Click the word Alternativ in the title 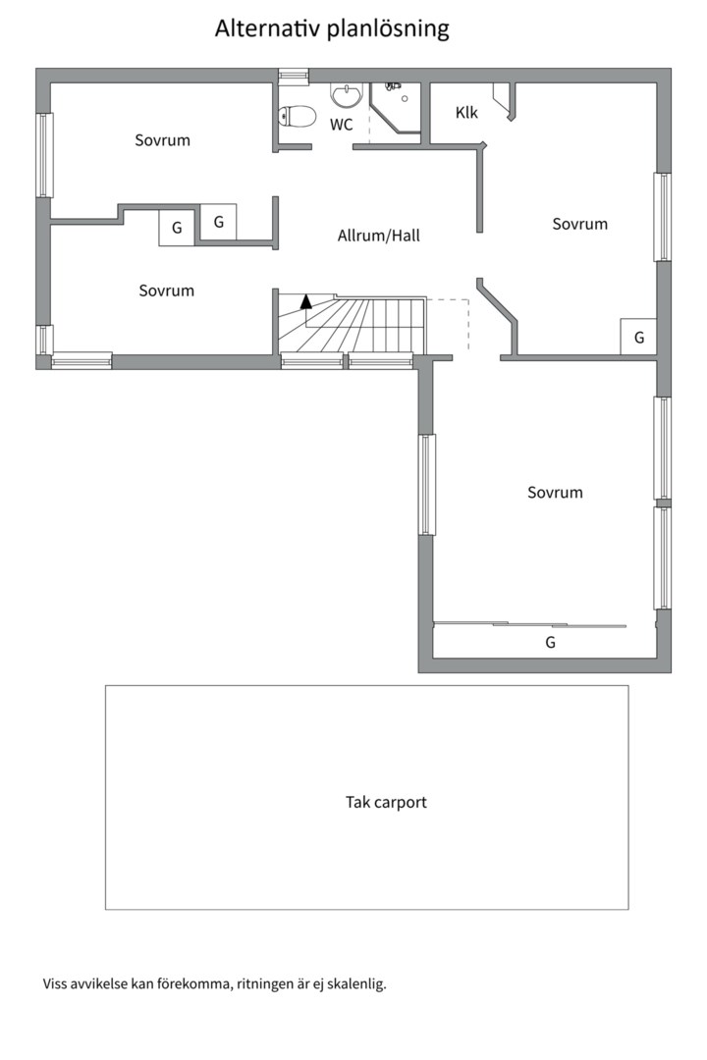click(x=260, y=29)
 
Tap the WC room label click(x=342, y=125)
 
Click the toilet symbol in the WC click(x=296, y=117)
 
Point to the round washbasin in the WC click(x=346, y=95)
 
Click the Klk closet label click(x=466, y=113)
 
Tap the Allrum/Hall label click(x=379, y=236)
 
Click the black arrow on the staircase click(x=306, y=301)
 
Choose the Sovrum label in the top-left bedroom click(x=162, y=140)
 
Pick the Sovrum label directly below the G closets click(x=166, y=291)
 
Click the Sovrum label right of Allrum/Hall click(x=579, y=224)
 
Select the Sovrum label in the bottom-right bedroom click(x=555, y=493)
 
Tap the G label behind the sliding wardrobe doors click(x=550, y=643)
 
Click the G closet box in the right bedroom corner click(x=639, y=337)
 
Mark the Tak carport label click(x=386, y=802)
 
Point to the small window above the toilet click(x=294, y=75)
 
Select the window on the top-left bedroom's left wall click(x=44, y=155)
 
